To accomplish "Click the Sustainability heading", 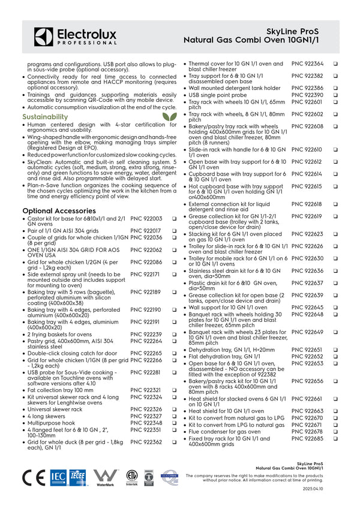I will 45,117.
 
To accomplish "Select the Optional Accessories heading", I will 59,211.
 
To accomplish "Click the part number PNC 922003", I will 146,219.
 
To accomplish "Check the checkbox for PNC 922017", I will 174,231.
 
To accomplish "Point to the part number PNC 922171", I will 146,275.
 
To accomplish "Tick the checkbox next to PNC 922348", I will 174,423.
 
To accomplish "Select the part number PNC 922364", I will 307,64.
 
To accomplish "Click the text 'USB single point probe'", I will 218,95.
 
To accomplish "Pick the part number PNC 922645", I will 307,308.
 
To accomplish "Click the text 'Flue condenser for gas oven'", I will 225,432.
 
